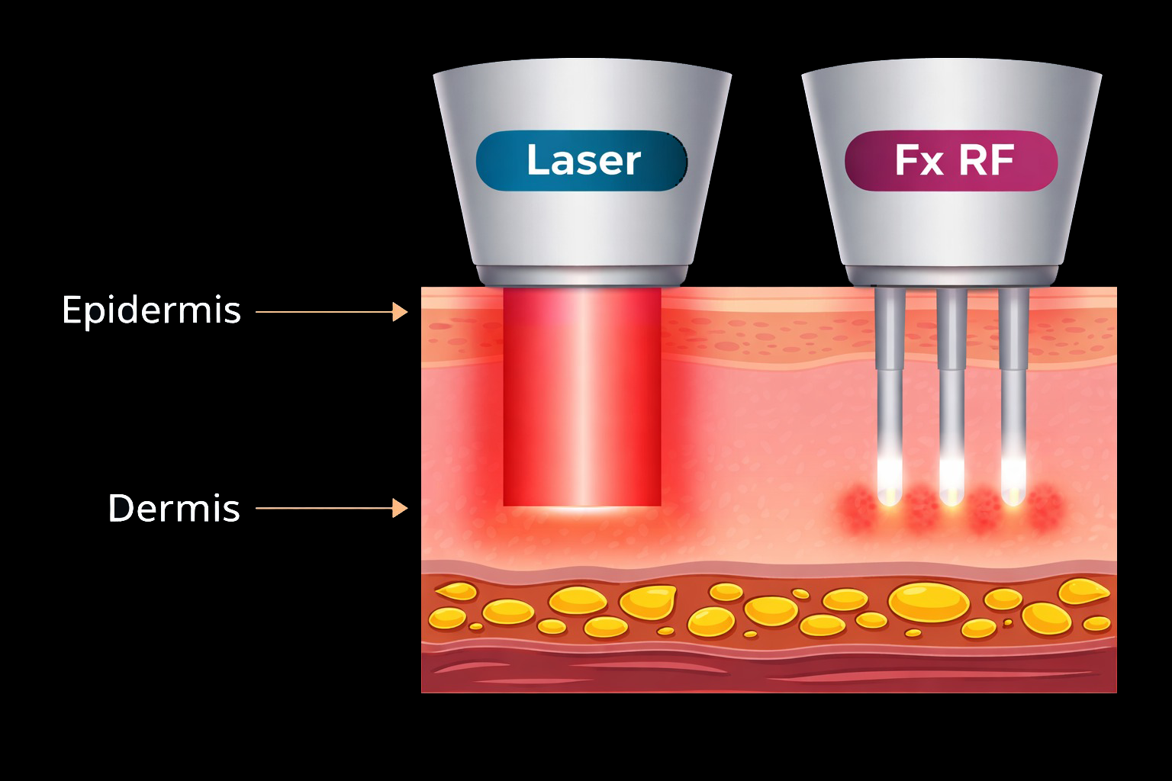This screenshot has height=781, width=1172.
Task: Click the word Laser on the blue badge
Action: click(583, 161)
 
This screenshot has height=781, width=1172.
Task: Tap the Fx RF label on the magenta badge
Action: click(953, 161)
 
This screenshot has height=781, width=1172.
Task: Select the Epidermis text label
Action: click(151, 310)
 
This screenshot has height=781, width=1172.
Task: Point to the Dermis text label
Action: click(174, 508)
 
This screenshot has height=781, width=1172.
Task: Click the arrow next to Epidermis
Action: click(332, 312)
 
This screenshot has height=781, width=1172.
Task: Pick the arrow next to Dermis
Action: click(332, 508)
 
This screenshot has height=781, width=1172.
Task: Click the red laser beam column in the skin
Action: click(581, 397)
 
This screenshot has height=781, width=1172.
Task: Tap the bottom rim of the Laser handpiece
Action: click(582, 275)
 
